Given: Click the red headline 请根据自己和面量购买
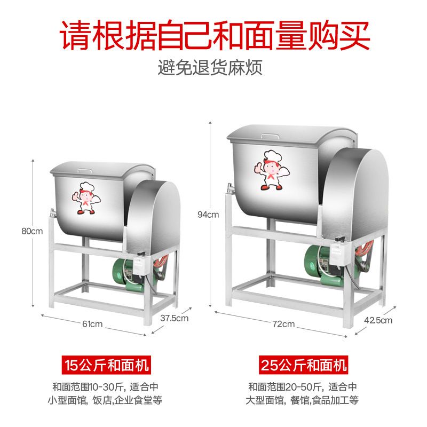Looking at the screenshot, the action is point(213,35).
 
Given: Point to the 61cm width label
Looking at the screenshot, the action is point(92,324).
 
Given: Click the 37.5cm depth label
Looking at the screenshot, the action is point(175,318).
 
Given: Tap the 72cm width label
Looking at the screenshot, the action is point(283,324).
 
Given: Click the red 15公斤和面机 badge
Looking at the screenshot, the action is point(106,366).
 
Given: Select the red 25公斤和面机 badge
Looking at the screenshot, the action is point(304,366).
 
